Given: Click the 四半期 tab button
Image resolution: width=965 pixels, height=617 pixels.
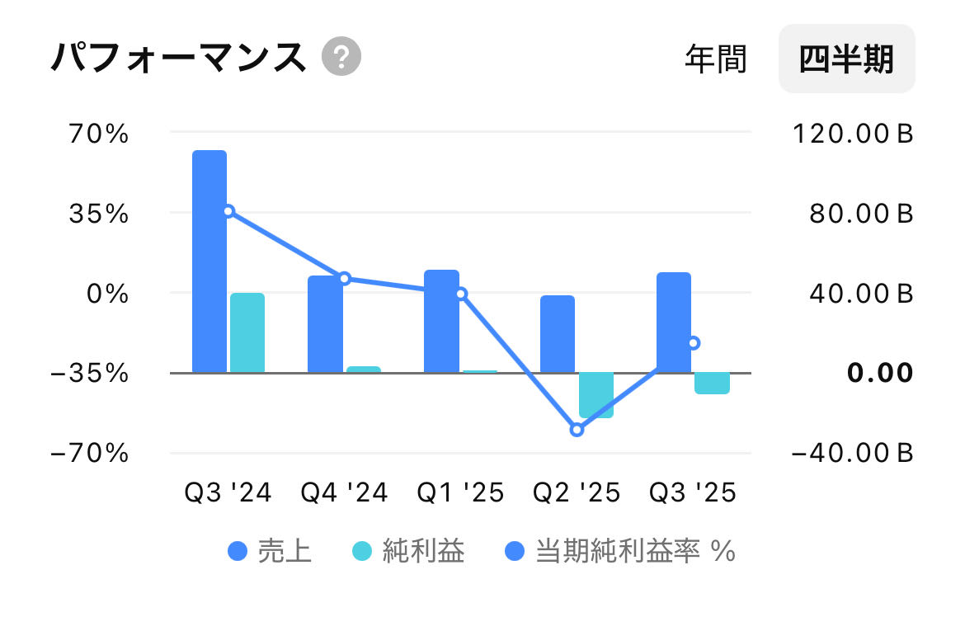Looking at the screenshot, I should coord(846,59).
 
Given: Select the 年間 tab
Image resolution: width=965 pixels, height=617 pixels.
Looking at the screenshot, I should coord(715,59).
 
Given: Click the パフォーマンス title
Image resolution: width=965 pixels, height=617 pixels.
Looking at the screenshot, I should coord(178,58).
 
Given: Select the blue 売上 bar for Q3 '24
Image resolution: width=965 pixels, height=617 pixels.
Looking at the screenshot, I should coord(209,261).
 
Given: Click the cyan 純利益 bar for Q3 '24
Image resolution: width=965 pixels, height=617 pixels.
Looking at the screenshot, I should coord(247,332).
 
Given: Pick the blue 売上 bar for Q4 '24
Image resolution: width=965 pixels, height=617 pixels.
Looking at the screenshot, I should coord(325,323).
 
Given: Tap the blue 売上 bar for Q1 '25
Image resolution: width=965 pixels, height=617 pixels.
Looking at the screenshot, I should coord(441,321).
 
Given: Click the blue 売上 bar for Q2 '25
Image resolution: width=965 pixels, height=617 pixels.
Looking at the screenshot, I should coord(558,333).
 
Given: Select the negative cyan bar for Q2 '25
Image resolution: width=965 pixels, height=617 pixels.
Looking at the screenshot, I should coord(595,395).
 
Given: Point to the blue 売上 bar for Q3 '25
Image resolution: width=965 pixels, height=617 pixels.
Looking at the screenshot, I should coord(674,322).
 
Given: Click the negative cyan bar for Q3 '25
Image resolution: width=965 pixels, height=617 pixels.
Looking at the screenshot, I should coord(712,383).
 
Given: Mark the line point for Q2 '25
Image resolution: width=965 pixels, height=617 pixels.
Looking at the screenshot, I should coord(577,430).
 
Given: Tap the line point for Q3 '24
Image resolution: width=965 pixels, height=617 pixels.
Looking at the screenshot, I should coord(228,211).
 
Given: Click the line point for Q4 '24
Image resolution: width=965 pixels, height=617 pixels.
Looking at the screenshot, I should coord(345,278).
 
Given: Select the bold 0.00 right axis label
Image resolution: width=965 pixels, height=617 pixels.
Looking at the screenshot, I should coord(880,373).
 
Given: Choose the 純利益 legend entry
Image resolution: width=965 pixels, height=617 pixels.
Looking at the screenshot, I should coord(408,550).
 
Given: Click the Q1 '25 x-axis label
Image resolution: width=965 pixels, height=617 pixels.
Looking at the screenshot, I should coord(460,492).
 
